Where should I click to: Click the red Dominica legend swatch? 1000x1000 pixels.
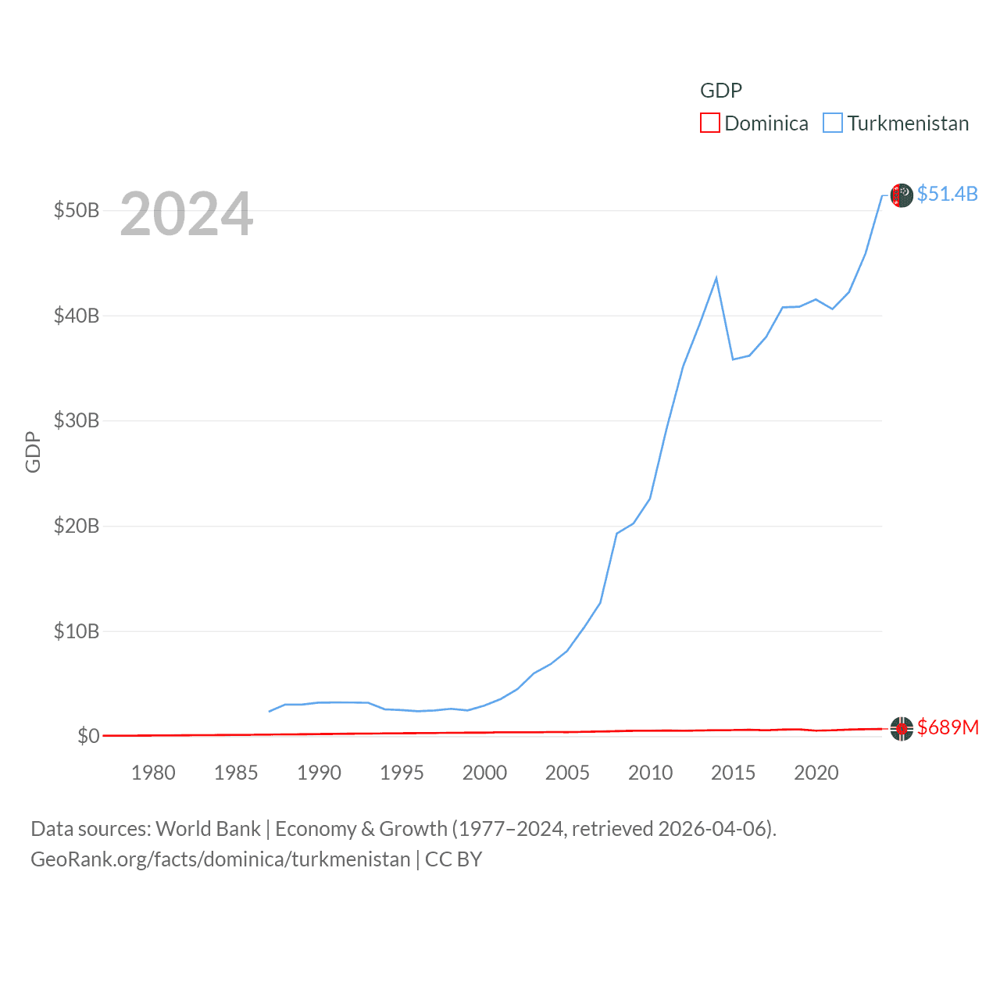709,123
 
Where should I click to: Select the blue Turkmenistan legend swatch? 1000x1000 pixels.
833,123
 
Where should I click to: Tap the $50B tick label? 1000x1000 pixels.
77,211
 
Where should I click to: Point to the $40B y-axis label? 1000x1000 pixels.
77,316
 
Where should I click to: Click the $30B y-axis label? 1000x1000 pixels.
77,421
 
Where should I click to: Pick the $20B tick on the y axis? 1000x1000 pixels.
77,526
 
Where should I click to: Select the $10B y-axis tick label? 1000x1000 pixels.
77,631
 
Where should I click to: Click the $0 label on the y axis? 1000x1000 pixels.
88,736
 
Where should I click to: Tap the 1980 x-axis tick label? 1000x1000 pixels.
153,773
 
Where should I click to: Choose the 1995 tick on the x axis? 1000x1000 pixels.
402,773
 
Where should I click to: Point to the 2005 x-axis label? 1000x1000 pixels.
567,773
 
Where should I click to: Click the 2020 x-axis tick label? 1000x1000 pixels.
816,773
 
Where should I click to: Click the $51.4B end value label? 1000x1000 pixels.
947,194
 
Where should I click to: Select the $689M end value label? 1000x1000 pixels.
948,727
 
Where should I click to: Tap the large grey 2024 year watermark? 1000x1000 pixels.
187,214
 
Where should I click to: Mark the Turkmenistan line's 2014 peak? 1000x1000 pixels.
716,278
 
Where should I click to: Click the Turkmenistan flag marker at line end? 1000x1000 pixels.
902,195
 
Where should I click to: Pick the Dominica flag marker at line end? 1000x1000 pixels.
902,729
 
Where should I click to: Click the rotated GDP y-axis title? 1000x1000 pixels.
33,452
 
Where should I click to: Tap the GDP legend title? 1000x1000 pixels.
720,91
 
